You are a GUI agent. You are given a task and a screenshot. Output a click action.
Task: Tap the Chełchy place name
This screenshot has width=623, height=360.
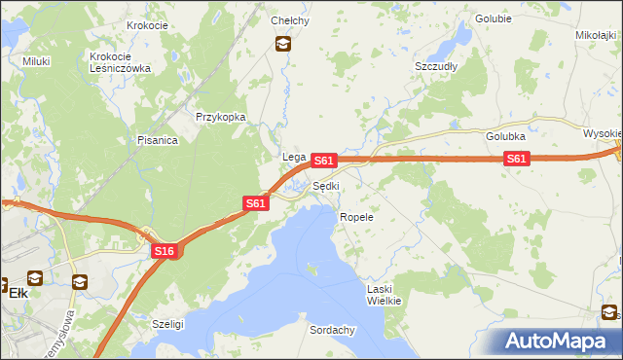click(x=290, y=20)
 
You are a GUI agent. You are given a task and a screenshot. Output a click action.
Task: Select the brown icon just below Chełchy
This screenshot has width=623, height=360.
click(x=282, y=43)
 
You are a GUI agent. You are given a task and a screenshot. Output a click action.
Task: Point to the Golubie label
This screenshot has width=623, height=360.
click(x=494, y=18)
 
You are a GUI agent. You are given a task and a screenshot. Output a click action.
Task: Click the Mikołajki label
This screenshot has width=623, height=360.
click(x=596, y=34)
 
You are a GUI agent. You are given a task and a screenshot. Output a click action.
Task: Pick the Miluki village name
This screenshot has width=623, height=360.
click(x=36, y=60)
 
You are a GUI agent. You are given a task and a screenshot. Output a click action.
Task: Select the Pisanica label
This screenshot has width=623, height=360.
click(x=157, y=140)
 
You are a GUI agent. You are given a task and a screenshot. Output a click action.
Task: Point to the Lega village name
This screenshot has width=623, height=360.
click(x=294, y=157)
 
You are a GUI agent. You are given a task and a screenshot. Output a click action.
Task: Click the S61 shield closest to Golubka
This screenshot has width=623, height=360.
click(x=517, y=160)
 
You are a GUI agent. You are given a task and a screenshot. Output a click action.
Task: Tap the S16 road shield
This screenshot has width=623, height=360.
click(x=165, y=251)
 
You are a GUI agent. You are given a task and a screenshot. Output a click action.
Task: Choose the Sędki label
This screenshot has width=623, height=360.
click(x=326, y=186)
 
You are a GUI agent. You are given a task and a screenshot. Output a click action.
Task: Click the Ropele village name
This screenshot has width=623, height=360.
click(x=356, y=217)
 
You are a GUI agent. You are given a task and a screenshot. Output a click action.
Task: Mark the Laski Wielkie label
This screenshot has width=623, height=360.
click(x=384, y=295)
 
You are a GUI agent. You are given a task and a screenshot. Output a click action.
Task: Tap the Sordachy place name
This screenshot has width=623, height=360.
click(x=332, y=330)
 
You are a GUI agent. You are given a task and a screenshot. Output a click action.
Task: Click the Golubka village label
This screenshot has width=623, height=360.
click(x=506, y=137)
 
